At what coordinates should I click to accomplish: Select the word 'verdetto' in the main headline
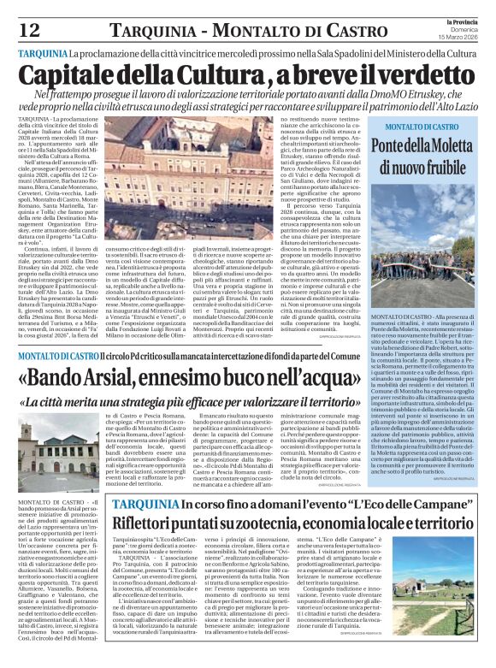pyautogui.click(x=427, y=74)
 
